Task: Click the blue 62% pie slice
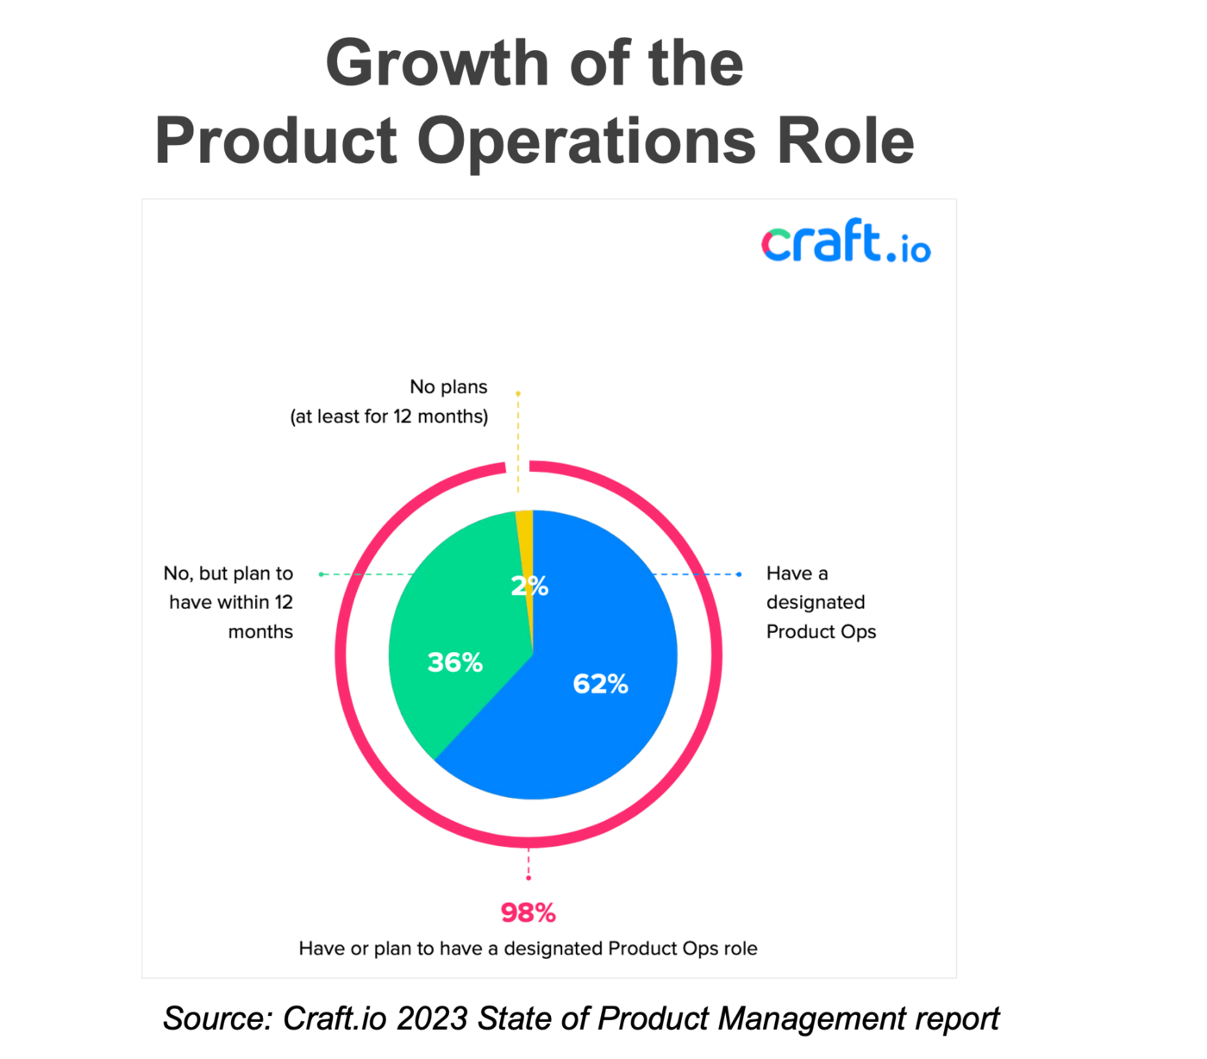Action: (x=603, y=724)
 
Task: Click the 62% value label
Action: (x=600, y=684)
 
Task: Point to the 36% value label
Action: (x=454, y=662)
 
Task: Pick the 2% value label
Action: (x=529, y=586)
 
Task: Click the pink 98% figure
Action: (x=528, y=912)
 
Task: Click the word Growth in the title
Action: (x=436, y=64)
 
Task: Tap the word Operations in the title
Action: (x=586, y=141)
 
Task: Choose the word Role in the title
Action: (x=845, y=141)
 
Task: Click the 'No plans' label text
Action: (x=448, y=386)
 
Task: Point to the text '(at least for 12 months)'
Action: (x=389, y=417)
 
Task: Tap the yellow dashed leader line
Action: (x=518, y=440)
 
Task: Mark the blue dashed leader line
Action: (x=698, y=573)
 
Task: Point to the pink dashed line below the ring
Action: (x=528, y=865)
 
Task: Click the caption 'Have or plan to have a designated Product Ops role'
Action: (x=528, y=949)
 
